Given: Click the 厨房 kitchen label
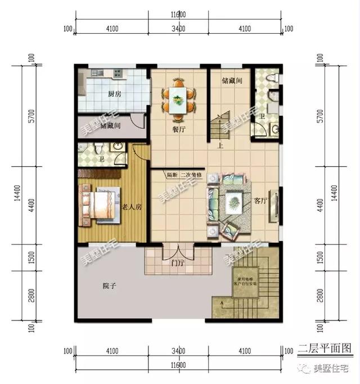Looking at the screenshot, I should click(115, 94).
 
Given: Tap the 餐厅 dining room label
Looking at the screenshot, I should click(179, 129).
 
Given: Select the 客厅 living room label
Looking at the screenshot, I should click(260, 200).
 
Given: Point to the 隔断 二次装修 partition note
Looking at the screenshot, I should click(182, 174).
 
